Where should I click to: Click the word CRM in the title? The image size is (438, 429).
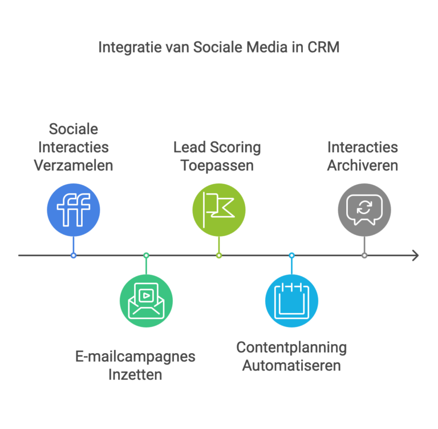pos(323,47)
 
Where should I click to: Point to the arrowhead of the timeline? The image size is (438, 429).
pos(416,255)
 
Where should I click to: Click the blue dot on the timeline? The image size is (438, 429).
pos(74,255)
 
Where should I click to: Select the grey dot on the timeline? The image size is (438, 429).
pos(364,255)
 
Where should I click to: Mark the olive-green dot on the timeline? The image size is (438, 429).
pos(219,255)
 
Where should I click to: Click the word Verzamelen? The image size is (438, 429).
pos(73,166)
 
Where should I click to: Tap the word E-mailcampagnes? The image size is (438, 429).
pos(135,357)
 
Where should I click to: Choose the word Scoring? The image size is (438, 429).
pos(234,148)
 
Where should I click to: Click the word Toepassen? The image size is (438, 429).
pos(217,166)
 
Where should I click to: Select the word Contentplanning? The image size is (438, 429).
pos(291,347)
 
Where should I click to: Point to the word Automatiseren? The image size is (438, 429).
pos(291,365)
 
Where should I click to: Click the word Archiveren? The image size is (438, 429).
pos(363,166)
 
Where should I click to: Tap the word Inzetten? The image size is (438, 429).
pos(135,375)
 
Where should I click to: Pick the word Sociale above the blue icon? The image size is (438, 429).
pos(73,129)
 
